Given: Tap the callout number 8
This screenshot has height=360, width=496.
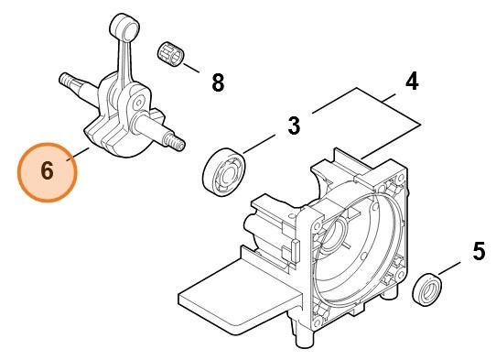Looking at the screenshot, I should coord(217,82).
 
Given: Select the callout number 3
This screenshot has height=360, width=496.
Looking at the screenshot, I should coord(293,125).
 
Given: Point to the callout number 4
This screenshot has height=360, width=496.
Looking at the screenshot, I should coord(412,81).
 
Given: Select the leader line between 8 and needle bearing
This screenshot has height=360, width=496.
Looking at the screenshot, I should coord(195,65).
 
